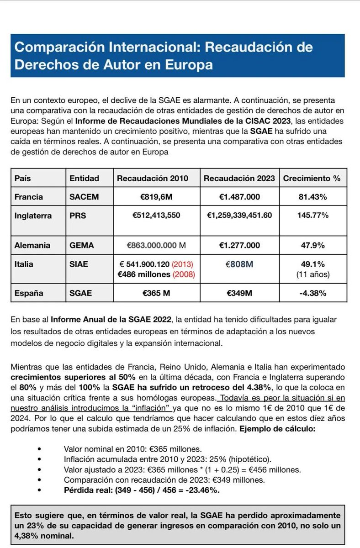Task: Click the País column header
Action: [x=23, y=179]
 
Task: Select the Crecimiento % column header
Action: [x=312, y=179]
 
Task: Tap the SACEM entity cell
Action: [x=84, y=197]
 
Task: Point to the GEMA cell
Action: [x=82, y=245]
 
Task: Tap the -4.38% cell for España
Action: [x=312, y=293]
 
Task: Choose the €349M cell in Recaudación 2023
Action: [x=240, y=293]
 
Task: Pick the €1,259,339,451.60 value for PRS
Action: [x=240, y=215]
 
